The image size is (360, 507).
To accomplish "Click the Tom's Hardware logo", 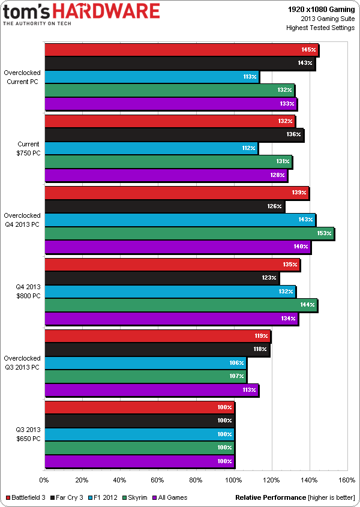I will click(x=82, y=14).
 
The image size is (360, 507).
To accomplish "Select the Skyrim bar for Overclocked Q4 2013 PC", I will click(x=189, y=234).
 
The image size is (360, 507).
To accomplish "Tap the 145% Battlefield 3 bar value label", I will click(x=308, y=50).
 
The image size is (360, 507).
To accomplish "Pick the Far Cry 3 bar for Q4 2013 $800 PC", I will click(x=161, y=278).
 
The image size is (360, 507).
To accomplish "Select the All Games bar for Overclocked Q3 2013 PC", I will click(x=151, y=390).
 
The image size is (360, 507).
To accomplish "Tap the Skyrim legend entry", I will click(x=148, y=497).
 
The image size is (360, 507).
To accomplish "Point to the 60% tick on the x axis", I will click(x=158, y=480).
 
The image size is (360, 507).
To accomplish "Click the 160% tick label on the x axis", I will click(x=347, y=480).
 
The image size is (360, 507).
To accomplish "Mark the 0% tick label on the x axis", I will click(x=44, y=480).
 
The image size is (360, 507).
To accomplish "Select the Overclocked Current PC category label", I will click(x=23, y=77).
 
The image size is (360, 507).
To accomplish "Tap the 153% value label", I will click(x=324, y=233).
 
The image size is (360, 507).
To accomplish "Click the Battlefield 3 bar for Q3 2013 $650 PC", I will click(x=139, y=407).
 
